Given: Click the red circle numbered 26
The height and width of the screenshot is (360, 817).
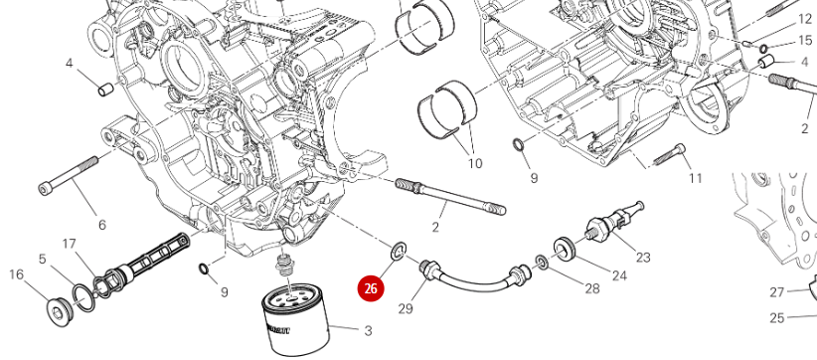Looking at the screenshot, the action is (x=371, y=288).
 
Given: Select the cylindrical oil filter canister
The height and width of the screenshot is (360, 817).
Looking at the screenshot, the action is (x=295, y=319).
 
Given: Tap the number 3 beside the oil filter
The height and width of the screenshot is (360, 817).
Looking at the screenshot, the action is (x=368, y=330).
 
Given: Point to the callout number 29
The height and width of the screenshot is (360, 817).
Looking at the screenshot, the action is (x=406, y=308).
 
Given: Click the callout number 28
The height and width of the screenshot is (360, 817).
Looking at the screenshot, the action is (x=592, y=288).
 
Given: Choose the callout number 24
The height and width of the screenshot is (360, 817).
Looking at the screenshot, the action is (x=619, y=274).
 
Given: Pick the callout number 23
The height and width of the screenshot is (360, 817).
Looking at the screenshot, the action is (x=643, y=257).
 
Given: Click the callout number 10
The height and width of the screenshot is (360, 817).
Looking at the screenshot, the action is (x=475, y=163).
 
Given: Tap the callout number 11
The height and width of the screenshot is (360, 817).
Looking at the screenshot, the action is (x=695, y=178).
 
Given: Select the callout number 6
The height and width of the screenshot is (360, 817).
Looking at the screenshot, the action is (x=102, y=225).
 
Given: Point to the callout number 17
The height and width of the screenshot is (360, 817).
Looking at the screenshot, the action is (x=70, y=244).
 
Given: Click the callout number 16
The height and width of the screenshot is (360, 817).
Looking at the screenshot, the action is (x=17, y=274).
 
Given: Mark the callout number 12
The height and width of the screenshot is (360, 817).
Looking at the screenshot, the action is (x=805, y=19).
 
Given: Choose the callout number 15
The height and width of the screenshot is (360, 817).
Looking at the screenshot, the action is (x=805, y=40).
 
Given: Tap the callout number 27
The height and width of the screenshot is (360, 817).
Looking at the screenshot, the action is (x=777, y=292).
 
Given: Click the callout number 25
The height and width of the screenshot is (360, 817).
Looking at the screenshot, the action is (x=777, y=317).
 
